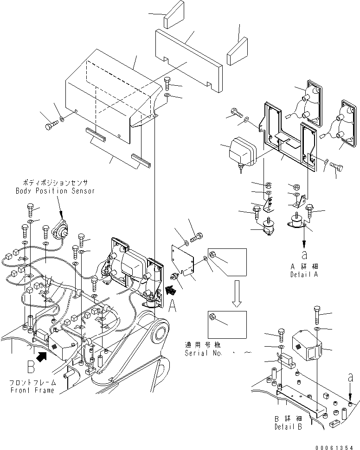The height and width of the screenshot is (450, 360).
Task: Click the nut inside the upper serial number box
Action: pos(212,254)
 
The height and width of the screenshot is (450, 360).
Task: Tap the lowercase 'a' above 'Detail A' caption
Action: pos(304,254)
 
